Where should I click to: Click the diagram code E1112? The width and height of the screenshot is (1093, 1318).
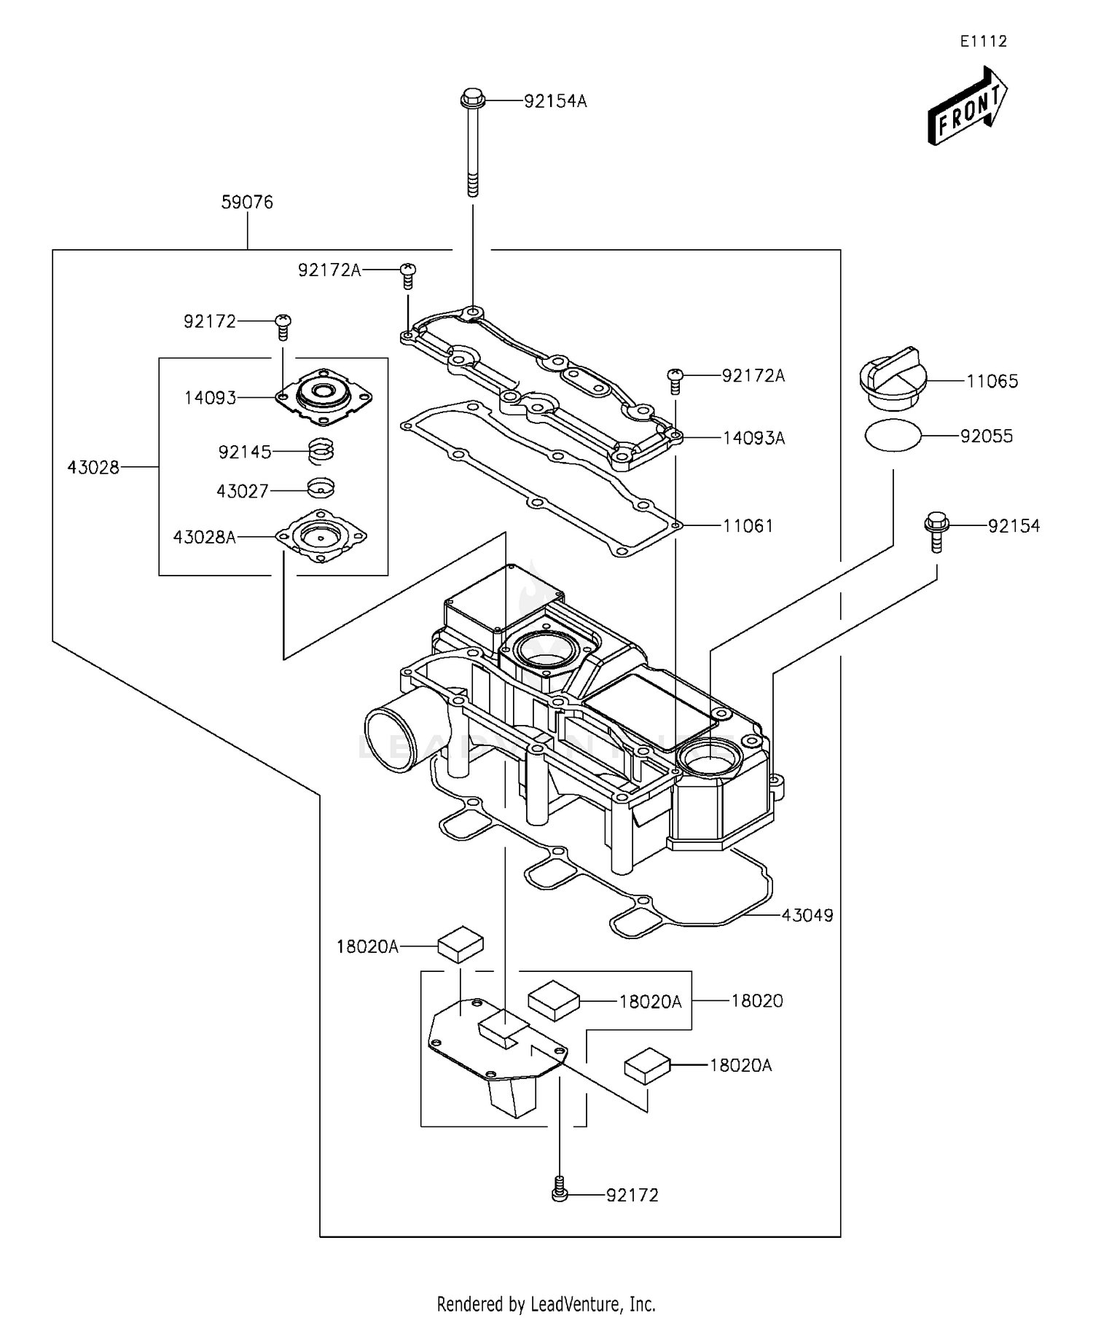point(983,42)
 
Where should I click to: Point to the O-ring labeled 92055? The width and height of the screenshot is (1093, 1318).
point(893,436)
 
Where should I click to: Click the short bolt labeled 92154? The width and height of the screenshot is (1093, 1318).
point(936,531)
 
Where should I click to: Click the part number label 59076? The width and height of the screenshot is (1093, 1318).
point(247,203)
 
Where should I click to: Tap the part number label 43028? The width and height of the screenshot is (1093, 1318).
point(93,468)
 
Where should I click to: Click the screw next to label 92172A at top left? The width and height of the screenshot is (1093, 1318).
point(408,273)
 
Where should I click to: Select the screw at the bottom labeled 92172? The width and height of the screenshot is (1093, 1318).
point(559,1193)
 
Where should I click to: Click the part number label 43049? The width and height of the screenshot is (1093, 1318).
point(807,915)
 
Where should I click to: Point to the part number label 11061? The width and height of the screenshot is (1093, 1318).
point(748,526)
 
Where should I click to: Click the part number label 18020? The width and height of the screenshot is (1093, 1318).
point(756,1001)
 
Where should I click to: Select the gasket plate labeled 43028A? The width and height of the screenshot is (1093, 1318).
point(321,536)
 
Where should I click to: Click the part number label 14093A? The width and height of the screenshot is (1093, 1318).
point(753,438)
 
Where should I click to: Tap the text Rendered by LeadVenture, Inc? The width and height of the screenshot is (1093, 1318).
point(546,1303)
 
